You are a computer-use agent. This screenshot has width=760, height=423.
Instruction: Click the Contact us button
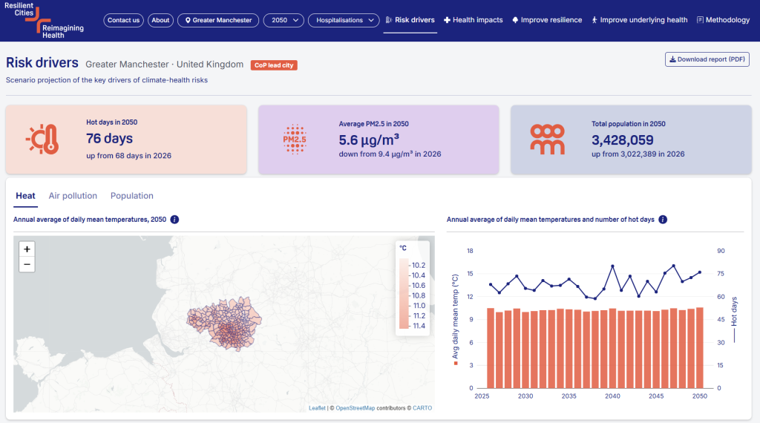123,20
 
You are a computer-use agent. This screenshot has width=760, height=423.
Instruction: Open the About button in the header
160,20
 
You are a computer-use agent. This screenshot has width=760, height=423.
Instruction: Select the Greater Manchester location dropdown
218,20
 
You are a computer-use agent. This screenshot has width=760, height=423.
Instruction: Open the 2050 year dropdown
284,20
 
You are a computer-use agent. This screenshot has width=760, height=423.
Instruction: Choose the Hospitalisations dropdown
344,20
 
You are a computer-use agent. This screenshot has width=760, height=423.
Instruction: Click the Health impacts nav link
473,20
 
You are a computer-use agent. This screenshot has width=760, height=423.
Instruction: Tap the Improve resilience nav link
547,20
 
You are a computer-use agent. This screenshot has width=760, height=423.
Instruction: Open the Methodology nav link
723,20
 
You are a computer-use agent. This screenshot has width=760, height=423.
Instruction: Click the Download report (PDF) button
707,59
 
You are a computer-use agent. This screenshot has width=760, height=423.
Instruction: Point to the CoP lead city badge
274,65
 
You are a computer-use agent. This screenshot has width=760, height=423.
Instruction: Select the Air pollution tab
73,196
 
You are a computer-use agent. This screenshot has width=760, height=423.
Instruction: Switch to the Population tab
132,196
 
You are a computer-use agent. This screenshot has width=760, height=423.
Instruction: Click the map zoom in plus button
27,249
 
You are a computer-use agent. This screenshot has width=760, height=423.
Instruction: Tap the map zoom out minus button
27,264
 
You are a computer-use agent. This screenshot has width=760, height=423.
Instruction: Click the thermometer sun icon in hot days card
42,139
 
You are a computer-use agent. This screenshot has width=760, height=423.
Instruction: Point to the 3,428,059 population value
623,140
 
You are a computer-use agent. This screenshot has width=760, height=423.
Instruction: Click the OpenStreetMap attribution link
356,408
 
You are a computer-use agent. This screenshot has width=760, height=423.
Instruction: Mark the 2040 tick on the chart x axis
612,396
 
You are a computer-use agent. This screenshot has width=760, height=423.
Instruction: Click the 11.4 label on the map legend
419,326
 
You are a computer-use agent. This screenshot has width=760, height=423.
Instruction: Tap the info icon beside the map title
174,220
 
